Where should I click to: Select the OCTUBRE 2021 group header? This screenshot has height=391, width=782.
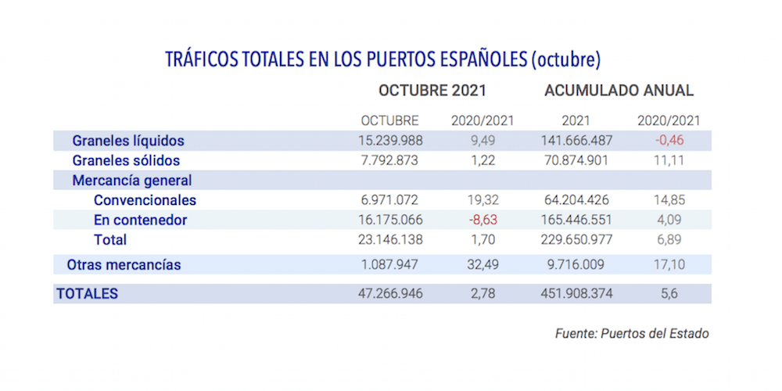[x=432, y=91]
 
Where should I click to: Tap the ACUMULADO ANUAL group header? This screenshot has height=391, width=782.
[x=619, y=91]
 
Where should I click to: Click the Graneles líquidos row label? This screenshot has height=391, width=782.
[x=127, y=142]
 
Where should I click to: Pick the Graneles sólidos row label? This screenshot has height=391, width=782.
[x=126, y=161]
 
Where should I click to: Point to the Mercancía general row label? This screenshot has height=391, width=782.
[x=131, y=181]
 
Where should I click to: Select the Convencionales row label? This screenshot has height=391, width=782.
[x=145, y=200]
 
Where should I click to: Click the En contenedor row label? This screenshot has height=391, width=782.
[x=140, y=221]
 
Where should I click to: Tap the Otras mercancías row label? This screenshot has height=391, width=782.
[x=124, y=265]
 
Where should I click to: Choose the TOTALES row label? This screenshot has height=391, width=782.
[x=87, y=294]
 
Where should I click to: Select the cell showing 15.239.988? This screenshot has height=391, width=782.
[x=389, y=142]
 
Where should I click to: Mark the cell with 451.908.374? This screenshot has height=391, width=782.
[x=575, y=294]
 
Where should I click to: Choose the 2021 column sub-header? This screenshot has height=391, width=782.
[x=576, y=121]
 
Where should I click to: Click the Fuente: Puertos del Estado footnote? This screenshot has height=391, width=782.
[x=632, y=334]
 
